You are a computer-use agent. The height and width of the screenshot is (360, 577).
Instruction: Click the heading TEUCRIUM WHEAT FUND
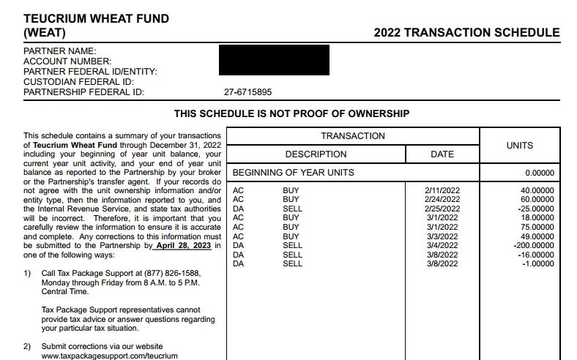(96, 18)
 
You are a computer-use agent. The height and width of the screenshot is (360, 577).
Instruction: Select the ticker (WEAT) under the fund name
(45, 33)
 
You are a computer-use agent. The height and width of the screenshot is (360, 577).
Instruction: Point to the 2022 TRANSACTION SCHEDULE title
(466, 33)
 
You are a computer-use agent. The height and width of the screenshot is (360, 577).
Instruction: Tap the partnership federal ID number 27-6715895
(247, 92)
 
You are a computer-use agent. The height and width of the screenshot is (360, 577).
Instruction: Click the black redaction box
(274, 60)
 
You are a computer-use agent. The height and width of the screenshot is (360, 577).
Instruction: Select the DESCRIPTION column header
(316, 154)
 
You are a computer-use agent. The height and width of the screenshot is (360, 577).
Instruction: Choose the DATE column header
(442, 154)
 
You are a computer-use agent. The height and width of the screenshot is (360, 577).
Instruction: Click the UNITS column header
(520, 146)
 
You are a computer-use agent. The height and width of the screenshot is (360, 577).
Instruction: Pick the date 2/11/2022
(442, 190)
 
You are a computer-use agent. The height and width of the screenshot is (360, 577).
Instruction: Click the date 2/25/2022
(442, 209)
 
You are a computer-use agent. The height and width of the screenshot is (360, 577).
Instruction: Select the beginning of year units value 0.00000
(540, 173)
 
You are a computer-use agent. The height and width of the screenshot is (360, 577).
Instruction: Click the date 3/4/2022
(442, 246)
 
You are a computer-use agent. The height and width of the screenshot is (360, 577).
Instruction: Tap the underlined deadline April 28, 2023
(184, 246)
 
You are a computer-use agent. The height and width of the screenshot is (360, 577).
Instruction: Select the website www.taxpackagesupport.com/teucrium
(109, 356)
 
